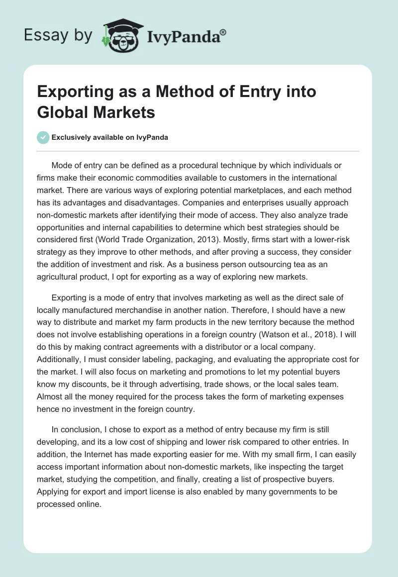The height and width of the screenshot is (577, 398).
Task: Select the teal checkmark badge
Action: pyautogui.click(x=43, y=137)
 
